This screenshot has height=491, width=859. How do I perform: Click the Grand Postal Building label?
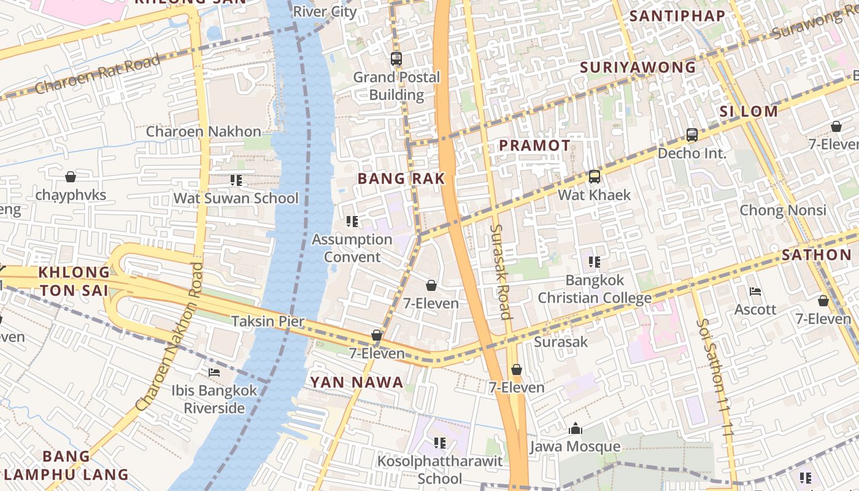(396, 86)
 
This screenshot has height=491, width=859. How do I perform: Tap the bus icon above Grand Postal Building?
(396, 60)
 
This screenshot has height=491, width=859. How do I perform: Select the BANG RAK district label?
(401, 179)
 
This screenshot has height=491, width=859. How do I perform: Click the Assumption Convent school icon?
(352, 221)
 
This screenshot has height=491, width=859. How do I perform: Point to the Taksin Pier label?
(268, 321)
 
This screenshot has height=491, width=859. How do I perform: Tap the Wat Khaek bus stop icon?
(594, 177)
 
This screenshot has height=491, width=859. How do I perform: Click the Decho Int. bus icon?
(692, 135)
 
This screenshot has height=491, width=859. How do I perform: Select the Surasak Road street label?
(501, 272)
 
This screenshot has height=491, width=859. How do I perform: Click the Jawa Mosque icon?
(576, 428)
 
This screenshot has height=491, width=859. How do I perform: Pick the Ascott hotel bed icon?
(755, 292)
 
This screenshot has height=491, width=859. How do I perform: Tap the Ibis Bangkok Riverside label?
(214, 399)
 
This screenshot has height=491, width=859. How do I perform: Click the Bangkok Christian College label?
(594, 289)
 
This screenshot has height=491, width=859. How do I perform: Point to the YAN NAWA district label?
(356, 382)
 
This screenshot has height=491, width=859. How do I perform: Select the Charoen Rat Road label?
(97, 74)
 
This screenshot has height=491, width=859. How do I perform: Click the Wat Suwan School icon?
(236, 180)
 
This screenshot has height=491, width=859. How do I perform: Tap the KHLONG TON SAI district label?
(74, 281)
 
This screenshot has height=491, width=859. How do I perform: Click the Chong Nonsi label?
(783, 211)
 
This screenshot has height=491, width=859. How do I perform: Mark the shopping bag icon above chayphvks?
(71, 177)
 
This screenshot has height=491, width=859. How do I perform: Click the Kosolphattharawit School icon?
(439, 443)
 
